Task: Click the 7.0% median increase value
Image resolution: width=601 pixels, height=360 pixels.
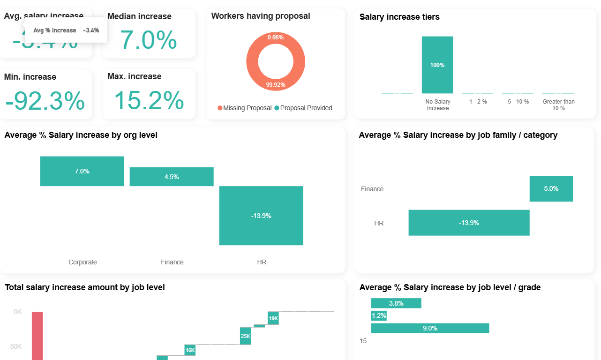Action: click(x=149, y=40)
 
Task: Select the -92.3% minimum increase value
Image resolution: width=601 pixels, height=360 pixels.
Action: click(x=45, y=101)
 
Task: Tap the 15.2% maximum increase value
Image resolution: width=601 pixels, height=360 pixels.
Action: click(x=149, y=100)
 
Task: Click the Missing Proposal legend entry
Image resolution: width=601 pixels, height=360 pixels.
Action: click(x=244, y=108)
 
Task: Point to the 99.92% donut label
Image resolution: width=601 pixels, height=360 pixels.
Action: click(x=276, y=85)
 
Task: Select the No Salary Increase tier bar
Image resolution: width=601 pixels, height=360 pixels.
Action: click(x=437, y=65)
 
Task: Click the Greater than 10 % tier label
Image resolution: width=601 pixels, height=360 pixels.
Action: click(x=558, y=105)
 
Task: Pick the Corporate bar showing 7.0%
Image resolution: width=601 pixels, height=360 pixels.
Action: click(x=82, y=171)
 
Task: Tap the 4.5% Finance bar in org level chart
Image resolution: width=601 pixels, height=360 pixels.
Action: click(x=172, y=177)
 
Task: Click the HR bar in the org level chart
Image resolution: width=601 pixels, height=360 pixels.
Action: click(x=261, y=216)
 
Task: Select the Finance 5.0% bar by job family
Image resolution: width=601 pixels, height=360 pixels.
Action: click(x=551, y=188)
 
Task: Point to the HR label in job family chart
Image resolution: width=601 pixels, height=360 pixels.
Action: click(x=379, y=223)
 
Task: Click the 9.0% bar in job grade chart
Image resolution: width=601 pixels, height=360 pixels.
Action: click(x=430, y=328)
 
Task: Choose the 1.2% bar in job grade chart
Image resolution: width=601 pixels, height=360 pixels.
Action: click(x=379, y=316)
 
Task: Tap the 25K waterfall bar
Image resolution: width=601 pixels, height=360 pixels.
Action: click(x=245, y=336)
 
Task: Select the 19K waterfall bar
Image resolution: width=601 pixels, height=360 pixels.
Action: click(x=273, y=318)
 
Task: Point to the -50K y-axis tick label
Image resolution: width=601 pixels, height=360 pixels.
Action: click(x=15, y=346)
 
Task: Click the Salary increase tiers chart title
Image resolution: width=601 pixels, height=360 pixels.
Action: click(x=399, y=17)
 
